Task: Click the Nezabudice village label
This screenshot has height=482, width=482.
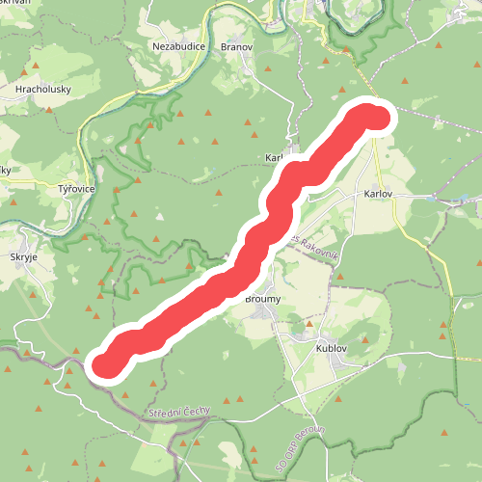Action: pyautogui.click(x=176, y=46)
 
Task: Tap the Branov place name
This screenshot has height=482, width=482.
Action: pyautogui.click(x=236, y=46)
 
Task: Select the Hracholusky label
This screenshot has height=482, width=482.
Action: pyautogui.click(x=40, y=89)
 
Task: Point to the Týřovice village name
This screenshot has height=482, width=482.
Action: pyautogui.click(x=75, y=189)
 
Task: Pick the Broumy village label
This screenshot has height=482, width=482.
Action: pyautogui.click(x=263, y=300)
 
